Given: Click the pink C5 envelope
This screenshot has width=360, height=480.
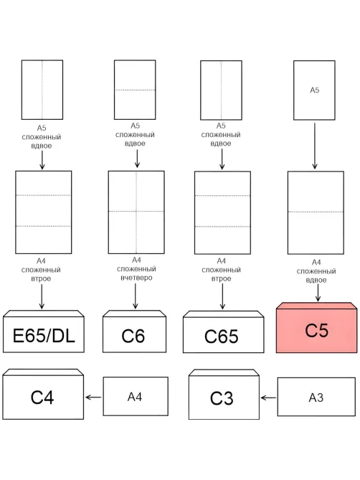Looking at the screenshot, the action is point(316,328).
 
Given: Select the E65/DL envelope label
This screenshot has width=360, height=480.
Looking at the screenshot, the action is point(44,336).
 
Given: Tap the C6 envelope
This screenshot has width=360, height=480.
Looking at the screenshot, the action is point(134,331).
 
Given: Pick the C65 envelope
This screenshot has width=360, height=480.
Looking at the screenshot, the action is point(223,332).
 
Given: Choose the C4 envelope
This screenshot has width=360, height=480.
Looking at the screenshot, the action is point(43,395).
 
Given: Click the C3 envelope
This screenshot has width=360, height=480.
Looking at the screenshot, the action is point(224,395).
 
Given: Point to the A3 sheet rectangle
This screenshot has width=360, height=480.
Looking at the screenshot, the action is point(316,397).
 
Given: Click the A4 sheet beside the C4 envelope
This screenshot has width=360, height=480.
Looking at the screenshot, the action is point(136,396).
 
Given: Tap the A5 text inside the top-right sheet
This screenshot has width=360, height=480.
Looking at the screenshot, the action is point(314,90).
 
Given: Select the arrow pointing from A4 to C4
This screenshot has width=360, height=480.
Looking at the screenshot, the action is point(93,397).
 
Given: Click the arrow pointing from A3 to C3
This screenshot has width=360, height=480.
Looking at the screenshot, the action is point(268,398).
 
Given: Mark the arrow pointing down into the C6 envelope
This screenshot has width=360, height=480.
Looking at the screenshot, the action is point(136,296).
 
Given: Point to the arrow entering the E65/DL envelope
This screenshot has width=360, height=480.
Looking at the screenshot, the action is point(42,296).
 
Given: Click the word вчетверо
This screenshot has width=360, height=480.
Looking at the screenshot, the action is point(136,278).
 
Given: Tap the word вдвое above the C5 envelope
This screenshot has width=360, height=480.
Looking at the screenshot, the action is point(316,280).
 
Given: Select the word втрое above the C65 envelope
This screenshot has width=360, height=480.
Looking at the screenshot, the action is point(221,278).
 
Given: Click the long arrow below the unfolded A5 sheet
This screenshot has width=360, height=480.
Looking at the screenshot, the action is point(314,146).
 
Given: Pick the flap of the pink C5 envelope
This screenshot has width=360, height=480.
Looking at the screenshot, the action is point(316,306).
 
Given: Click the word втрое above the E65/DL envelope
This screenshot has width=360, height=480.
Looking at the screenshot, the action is point(41,278).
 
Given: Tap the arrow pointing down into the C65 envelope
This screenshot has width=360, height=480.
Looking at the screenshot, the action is point(222,296).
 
